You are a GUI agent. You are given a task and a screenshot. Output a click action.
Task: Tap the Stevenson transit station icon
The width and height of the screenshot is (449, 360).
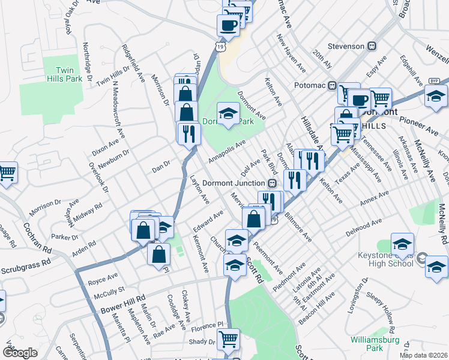[x=372, y=46]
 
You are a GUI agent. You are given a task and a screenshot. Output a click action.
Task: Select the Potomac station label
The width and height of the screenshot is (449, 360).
[x=310, y=86]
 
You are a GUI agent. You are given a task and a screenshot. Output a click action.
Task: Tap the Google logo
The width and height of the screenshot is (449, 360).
[x=20, y=353]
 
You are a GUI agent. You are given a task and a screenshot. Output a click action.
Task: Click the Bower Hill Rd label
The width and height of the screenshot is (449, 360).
[x=124, y=298]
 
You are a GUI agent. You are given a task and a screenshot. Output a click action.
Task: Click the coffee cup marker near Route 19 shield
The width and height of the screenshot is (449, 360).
[x=228, y=25]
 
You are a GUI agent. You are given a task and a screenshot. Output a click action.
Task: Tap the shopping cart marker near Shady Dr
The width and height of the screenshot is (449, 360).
[x=228, y=340]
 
